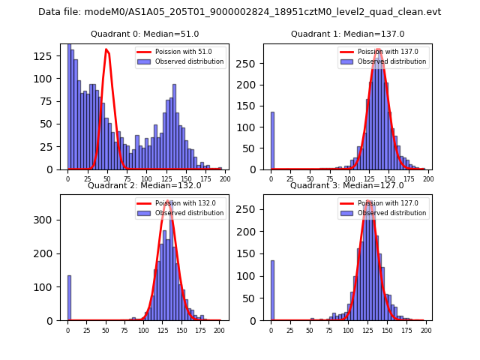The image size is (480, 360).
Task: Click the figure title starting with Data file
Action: coord(239,12)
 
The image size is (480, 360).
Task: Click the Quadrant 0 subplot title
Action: coord(145,34)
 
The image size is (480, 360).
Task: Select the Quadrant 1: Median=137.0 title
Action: coord(347,34)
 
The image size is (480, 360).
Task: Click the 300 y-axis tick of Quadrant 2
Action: coord(49,220)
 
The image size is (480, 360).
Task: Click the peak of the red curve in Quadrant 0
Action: coord(106,49)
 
